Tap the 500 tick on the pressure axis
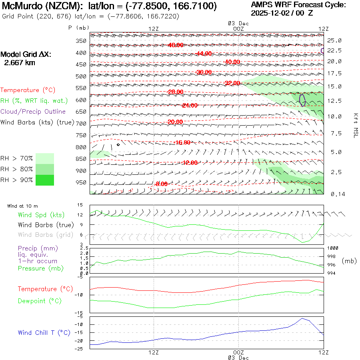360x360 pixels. (81, 76)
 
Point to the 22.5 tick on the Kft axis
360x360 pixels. (334, 50)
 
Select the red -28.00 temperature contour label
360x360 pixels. (176, 92)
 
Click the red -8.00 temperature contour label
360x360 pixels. (161, 184)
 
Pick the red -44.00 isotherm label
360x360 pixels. (204, 54)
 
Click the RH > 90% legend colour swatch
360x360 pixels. (45, 180)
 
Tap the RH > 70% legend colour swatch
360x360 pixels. (45, 158)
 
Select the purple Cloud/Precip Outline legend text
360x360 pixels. (33, 112)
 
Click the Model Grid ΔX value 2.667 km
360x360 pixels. (19, 62)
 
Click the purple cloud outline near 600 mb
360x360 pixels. (302, 100)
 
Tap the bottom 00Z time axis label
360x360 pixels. (238, 352)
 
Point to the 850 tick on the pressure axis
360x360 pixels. (81, 159)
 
